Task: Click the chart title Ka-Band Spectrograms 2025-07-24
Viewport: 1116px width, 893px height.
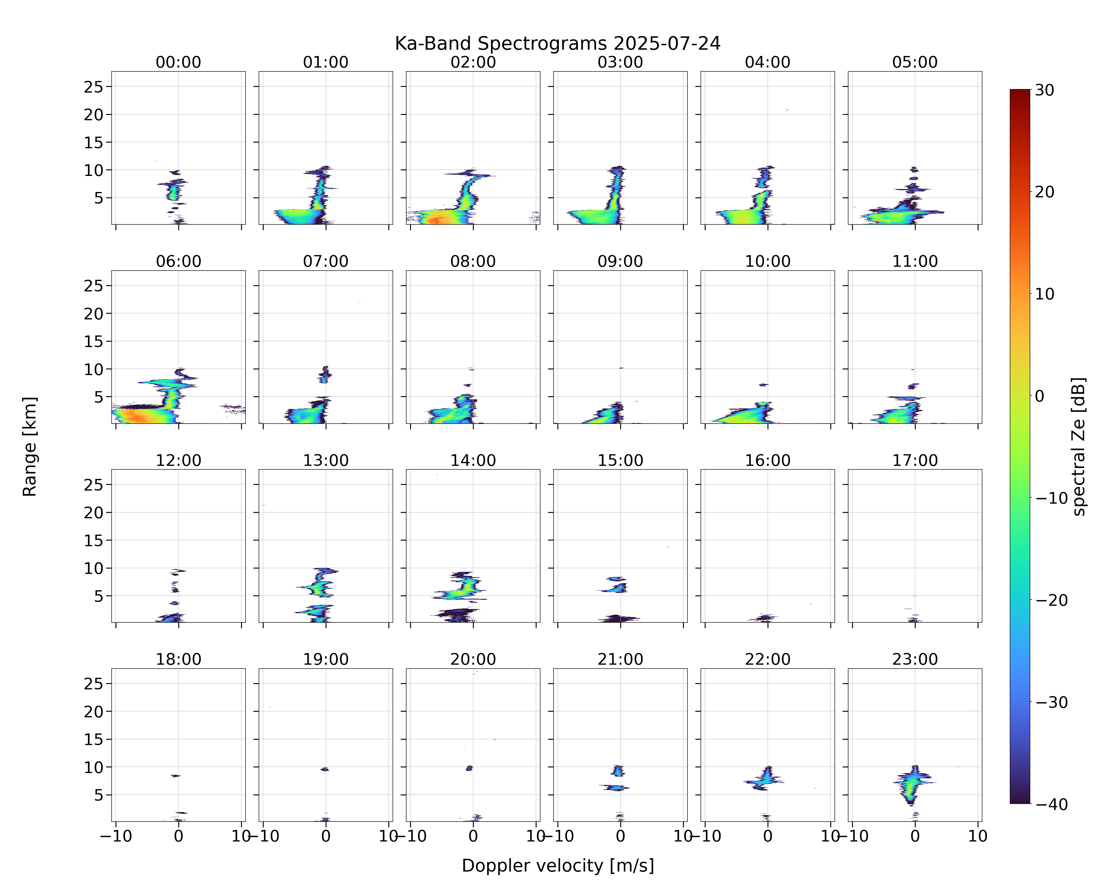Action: (x=557, y=43)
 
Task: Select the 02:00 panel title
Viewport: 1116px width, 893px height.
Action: (x=473, y=62)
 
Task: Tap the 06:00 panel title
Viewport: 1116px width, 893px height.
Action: (x=179, y=261)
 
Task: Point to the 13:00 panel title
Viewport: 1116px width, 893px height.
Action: (x=326, y=460)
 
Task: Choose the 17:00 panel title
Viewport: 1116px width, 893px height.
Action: (x=915, y=460)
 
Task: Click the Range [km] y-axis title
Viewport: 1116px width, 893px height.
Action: (x=29, y=447)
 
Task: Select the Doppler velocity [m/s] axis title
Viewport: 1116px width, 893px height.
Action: (x=557, y=866)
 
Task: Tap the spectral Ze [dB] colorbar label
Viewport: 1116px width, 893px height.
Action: (x=1078, y=447)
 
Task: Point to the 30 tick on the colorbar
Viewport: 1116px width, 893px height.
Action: (x=1045, y=90)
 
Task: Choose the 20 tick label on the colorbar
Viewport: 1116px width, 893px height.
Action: (x=1045, y=192)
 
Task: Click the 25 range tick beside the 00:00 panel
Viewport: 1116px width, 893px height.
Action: (x=94, y=87)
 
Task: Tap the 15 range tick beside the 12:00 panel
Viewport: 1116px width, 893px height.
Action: (x=94, y=541)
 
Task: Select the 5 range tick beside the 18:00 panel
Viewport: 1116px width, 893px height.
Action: (x=99, y=795)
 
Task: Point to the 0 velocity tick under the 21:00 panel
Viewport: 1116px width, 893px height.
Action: (x=620, y=836)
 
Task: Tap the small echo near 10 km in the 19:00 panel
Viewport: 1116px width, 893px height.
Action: (x=325, y=769)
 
